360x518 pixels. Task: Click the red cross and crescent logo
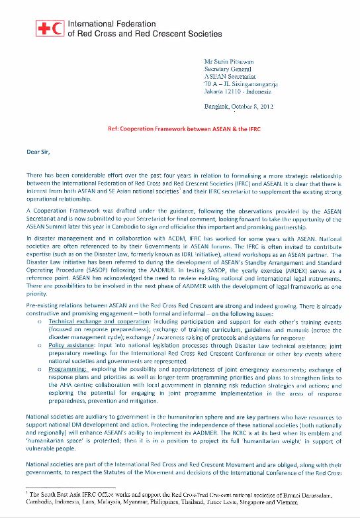[50, 28]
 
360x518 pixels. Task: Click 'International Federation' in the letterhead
[110, 23]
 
